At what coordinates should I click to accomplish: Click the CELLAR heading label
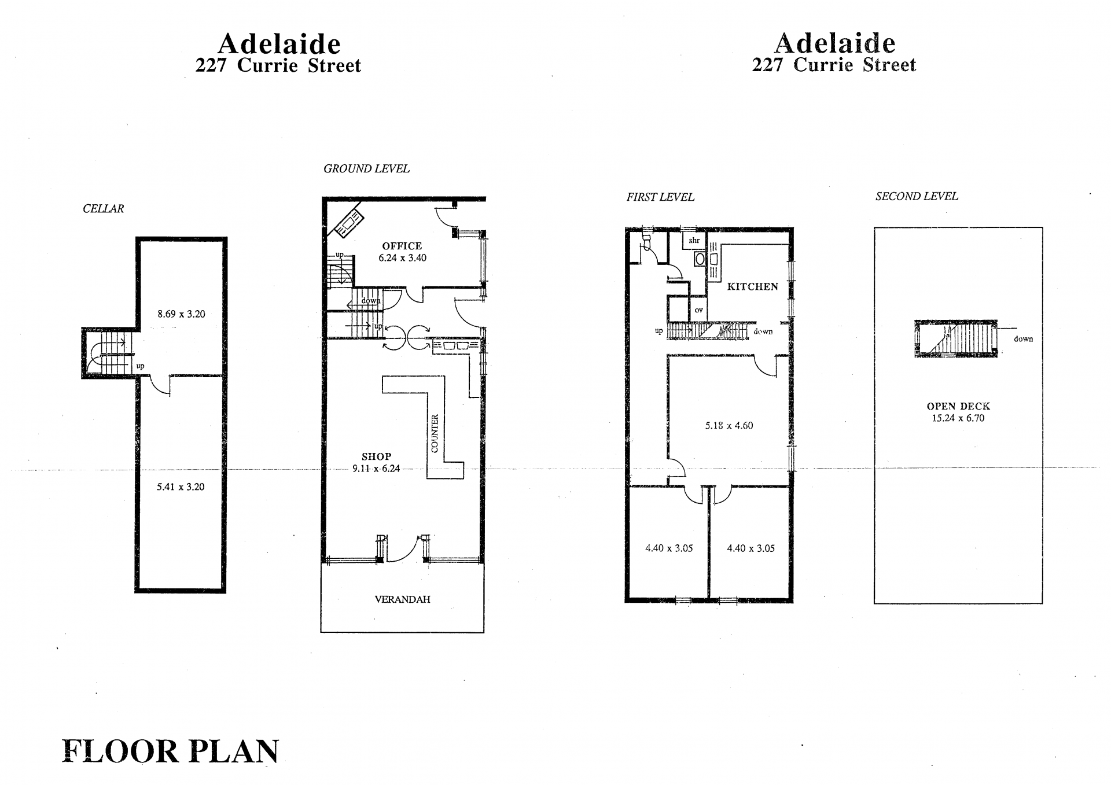click(103, 209)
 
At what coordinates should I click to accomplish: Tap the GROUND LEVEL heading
click(366, 169)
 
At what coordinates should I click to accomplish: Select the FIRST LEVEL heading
click(660, 197)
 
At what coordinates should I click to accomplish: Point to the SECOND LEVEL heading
click(917, 196)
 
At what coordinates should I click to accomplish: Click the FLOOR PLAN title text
click(170, 751)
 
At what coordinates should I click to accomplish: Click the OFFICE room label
click(402, 246)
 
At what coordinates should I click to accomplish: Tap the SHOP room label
click(376, 456)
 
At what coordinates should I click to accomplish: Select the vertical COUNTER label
click(435, 434)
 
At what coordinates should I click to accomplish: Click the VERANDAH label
click(402, 599)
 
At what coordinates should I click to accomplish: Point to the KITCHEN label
click(752, 286)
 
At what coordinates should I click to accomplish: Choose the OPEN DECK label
click(958, 406)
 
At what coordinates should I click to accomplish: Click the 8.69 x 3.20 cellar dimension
click(181, 314)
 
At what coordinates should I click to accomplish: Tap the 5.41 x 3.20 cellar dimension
click(181, 487)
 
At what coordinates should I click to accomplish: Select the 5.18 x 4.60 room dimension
click(729, 426)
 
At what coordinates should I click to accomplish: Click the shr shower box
click(694, 241)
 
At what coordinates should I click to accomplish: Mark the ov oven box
click(699, 310)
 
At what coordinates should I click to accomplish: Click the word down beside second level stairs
click(1023, 339)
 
